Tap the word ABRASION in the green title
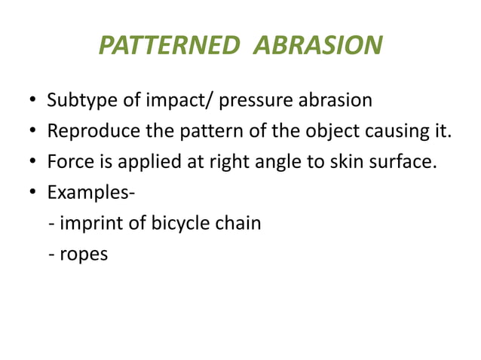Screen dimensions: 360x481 point(317,47)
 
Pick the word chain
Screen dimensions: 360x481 point(240,224)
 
